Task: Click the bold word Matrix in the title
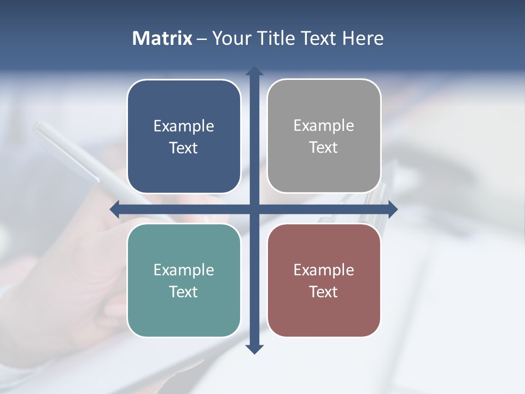[x=162, y=38]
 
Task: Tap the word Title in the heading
[x=275, y=38]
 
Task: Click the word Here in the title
[x=363, y=38]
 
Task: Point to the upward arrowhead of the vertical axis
[x=254, y=71]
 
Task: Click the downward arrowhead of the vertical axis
[x=254, y=349]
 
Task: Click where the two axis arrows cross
[x=254, y=208]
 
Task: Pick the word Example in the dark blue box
[x=184, y=126]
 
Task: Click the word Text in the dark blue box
[x=184, y=148]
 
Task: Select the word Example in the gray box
[x=324, y=126]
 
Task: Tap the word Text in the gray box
[x=324, y=148]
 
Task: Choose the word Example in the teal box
[x=184, y=270]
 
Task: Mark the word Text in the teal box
[x=184, y=292]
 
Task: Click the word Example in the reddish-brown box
[x=324, y=270]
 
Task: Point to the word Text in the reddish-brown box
[x=324, y=292]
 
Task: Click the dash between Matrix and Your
[x=202, y=39]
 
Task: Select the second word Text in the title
[x=318, y=38]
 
